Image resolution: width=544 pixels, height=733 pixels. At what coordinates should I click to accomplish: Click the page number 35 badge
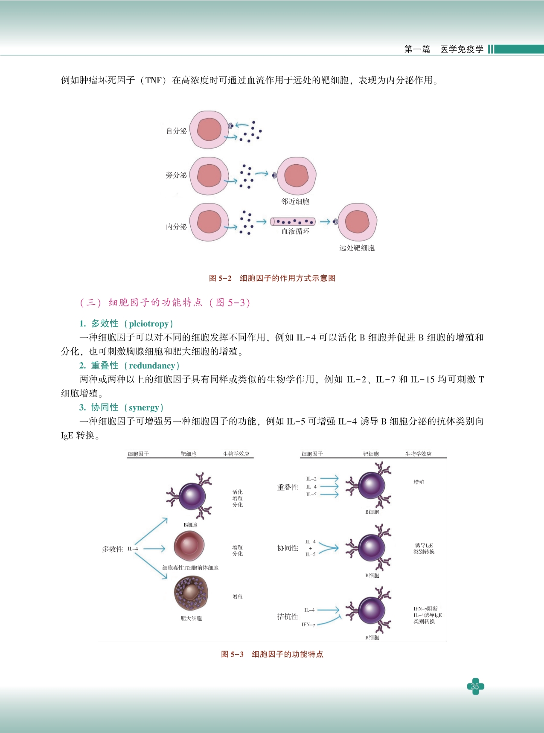475,686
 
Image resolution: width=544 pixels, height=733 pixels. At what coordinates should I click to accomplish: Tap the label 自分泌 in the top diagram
176,131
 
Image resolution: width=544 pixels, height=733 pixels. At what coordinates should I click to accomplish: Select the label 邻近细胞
295,201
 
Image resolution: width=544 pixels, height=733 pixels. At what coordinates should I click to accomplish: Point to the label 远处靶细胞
357,248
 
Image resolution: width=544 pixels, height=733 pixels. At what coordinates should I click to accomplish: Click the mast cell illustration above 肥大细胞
191,593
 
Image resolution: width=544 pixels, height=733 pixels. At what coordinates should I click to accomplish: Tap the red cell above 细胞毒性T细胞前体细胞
189,546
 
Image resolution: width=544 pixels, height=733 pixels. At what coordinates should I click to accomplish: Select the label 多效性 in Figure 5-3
112,549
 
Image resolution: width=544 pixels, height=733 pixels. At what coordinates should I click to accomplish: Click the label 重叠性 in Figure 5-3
288,487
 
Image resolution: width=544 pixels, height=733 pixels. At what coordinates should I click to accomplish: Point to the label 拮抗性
288,616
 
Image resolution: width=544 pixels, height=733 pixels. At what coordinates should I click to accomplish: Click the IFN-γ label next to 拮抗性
308,625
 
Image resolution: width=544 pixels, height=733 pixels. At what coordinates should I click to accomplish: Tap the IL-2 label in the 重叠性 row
311,479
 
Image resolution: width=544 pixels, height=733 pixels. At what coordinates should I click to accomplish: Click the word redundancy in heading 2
152,366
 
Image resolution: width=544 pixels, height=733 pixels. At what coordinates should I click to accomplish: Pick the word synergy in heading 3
144,407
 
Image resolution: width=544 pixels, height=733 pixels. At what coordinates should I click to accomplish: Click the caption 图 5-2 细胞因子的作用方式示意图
272,278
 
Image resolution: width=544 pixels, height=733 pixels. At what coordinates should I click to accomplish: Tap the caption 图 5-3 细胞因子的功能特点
272,654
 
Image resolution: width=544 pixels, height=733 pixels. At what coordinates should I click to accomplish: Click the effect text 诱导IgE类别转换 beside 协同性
424,549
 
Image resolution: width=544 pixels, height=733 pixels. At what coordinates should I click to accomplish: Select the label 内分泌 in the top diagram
176,227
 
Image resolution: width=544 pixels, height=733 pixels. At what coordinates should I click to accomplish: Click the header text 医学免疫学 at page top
462,49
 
